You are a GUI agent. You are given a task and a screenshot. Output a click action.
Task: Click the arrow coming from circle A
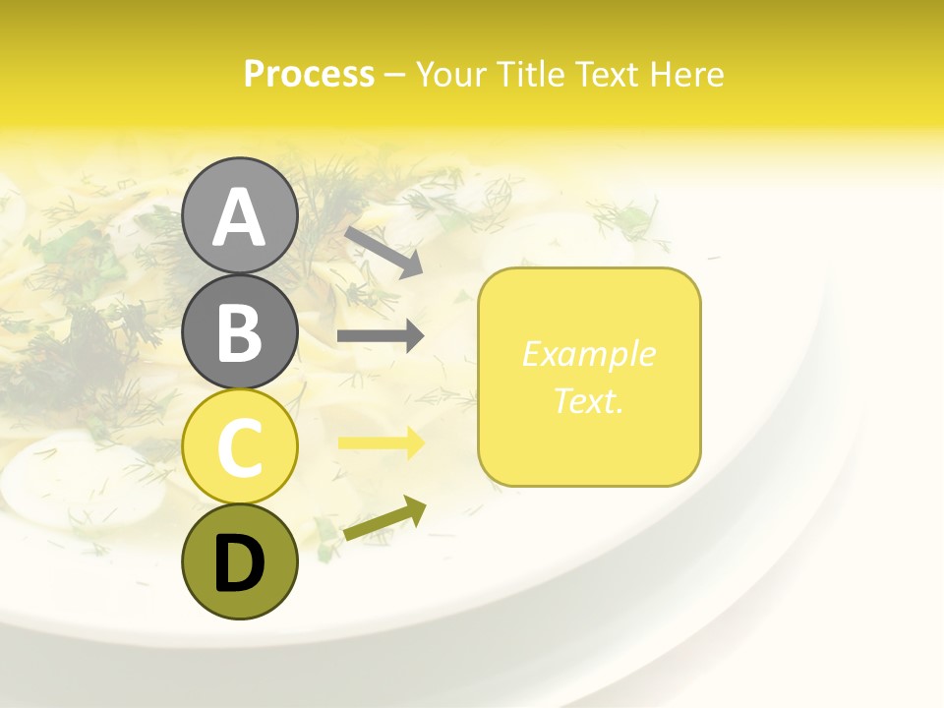383,252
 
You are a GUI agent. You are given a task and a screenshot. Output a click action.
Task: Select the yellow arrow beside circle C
381,443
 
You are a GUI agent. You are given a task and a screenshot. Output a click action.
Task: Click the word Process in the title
309,74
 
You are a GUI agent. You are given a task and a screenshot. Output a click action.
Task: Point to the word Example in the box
588,354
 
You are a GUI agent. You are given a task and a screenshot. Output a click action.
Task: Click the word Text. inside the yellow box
588,400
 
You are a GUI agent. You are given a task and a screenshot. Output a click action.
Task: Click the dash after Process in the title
394,75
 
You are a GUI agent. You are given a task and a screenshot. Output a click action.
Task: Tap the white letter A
239,217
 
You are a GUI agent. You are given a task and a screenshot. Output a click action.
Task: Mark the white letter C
239,448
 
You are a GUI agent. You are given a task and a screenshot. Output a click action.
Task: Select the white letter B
239,332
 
